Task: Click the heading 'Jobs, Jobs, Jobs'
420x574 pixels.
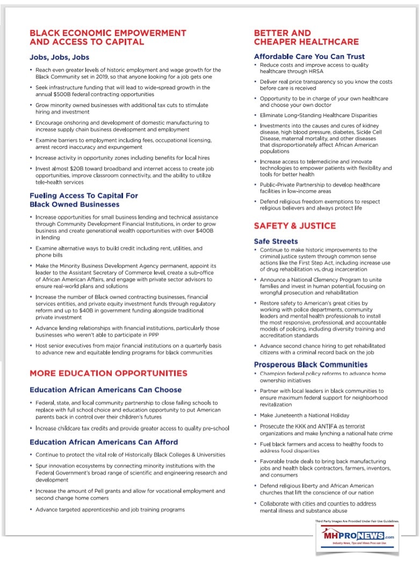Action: tap(59, 57)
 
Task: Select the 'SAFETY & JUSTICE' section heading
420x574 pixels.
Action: tap(295, 226)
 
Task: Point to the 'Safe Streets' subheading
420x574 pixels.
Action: tap(276, 241)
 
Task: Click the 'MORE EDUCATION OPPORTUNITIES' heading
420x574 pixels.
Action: tap(108, 373)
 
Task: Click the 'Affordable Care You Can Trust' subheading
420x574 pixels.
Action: tap(309, 56)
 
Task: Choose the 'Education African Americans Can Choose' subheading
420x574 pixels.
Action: tap(106, 390)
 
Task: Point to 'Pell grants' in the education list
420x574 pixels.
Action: tap(107, 491)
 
